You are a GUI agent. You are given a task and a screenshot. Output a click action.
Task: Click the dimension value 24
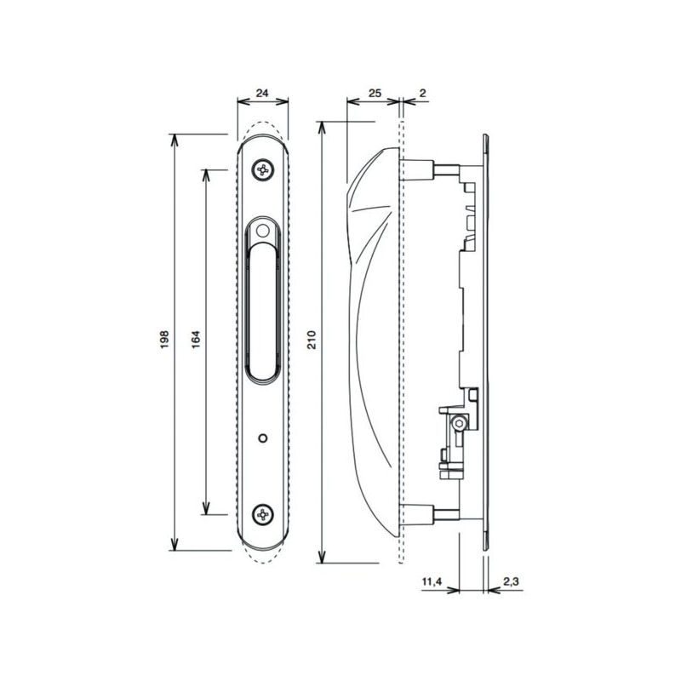[262, 93]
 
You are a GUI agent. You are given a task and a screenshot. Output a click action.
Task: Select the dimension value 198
[164, 340]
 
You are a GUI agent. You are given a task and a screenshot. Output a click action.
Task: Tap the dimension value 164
[196, 340]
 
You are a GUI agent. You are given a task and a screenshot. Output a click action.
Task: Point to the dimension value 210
[312, 340]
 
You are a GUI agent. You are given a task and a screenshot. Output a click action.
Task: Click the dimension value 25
[375, 93]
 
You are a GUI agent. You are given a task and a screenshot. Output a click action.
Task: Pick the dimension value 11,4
[432, 581]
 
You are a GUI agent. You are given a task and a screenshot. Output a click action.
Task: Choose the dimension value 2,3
[511, 581]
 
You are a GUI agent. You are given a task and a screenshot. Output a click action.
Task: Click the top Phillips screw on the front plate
[263, 169]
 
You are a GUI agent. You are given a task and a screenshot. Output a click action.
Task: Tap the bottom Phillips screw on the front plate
[263, 515]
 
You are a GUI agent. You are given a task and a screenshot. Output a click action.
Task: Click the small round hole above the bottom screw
[262, 438]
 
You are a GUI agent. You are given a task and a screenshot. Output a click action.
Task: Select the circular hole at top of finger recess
[262, 231]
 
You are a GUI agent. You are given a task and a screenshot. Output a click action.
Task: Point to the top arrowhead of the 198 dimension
[175, 140]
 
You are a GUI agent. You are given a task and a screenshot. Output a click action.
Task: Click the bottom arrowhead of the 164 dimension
[206, 508]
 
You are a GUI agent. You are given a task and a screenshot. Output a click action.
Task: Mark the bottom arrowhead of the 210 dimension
[322, 558]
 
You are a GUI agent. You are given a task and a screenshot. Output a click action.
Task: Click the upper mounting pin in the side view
[445, 169]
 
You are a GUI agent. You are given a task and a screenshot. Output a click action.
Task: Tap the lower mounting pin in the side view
[445, 514]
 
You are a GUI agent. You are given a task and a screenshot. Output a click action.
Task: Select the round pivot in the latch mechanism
[458, 423]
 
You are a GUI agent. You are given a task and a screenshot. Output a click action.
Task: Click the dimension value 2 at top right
[423, 93]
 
